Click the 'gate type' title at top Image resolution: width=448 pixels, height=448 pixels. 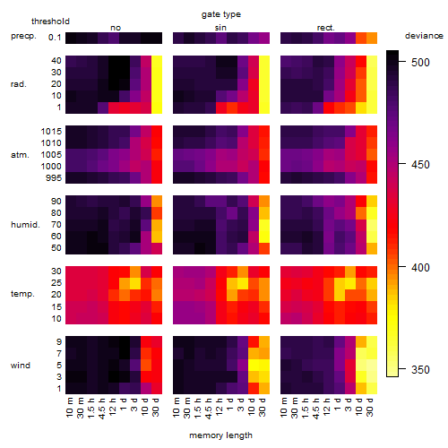tap(221, 14)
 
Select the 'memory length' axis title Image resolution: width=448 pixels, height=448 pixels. tap(220, 435)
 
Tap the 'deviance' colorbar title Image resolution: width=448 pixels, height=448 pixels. tap(424, 36)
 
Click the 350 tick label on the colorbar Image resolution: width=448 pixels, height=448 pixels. tap(420, 370)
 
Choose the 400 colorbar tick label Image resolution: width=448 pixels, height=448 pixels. tap(420, 267)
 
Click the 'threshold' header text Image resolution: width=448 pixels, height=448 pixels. tap(50, 22)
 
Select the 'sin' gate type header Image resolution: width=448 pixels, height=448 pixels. tap(220, 28)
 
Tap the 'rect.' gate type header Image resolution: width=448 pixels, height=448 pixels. tap(326, 28)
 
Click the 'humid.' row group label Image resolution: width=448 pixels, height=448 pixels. tap(25, 225)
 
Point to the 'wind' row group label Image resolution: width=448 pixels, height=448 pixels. tap(21, 366)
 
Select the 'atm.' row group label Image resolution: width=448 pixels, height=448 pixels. tap(20, 155)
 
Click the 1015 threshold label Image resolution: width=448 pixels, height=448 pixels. tap(51, 132)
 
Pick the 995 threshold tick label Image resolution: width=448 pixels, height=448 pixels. tap(54, 178)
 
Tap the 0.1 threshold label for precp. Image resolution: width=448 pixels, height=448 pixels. tap(55, 38)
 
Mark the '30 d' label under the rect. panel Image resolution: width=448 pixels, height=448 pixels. tap(369, 407)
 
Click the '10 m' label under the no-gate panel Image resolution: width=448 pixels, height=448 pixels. tap(69, 407)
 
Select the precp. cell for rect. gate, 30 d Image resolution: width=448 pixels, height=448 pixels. tap(372, 38)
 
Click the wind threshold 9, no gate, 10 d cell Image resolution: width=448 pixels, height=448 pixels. tap(146, 342)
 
